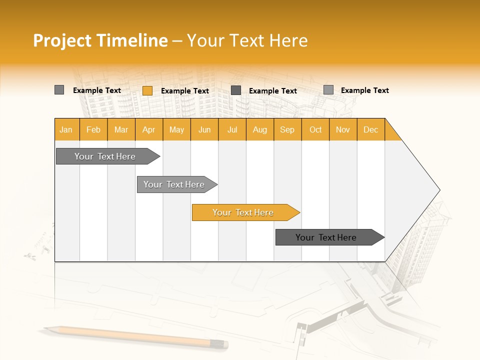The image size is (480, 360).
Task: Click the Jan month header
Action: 66,129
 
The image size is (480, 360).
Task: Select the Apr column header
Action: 148,129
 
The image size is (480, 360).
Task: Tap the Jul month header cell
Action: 232,129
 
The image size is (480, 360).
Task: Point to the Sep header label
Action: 287,129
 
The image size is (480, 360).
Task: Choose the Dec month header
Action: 370,129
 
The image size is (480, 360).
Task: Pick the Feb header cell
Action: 93,129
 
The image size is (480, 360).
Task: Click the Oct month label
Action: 315,129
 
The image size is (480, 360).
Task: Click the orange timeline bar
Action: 243,212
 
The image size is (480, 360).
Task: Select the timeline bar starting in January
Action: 105,156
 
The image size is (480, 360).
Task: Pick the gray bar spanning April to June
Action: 174,184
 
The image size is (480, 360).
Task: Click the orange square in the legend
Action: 147,90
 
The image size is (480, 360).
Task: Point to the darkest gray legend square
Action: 236,90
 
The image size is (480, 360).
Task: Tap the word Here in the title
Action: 288,40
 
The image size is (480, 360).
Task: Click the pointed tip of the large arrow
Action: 438,190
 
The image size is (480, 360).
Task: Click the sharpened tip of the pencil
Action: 45,328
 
